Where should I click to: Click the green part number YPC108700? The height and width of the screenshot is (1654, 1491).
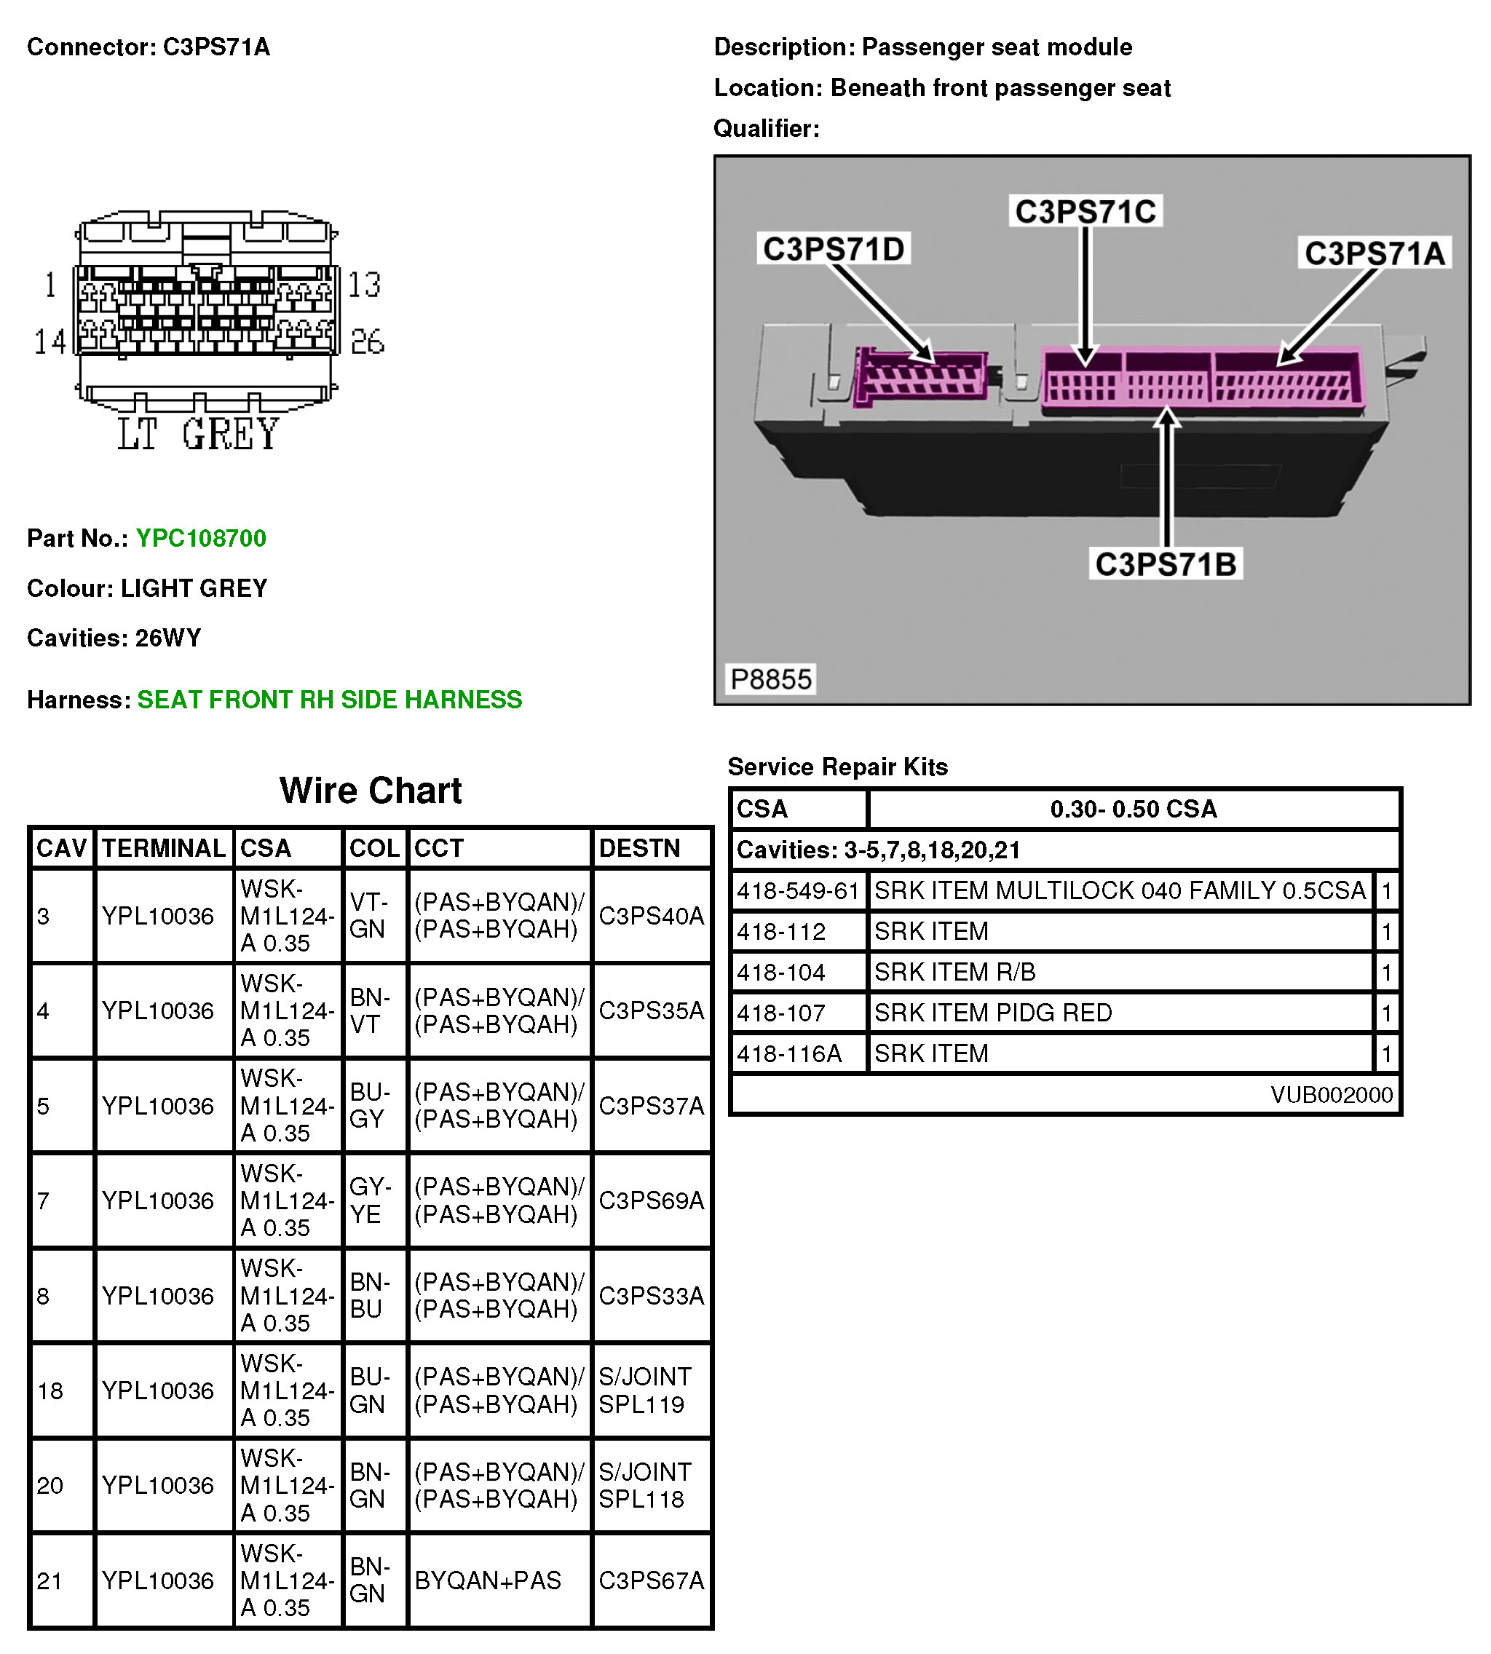[201, 538]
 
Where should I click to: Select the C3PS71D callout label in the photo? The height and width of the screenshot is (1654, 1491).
[833, 249]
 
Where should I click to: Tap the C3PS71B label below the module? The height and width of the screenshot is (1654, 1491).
[1165, 564]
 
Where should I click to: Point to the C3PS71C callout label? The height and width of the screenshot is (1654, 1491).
[1085, 211]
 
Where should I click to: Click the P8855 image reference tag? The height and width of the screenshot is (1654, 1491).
[770, 679]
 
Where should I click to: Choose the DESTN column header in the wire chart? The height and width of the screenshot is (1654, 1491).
[640, 848]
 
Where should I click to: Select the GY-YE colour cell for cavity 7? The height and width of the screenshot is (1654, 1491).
[371, 1201]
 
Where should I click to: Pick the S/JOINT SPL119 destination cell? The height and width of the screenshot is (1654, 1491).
[646, 1391]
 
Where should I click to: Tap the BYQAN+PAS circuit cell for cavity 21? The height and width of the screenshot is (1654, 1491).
[489, 1581]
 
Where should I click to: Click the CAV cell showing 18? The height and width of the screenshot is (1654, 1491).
[50, 1391]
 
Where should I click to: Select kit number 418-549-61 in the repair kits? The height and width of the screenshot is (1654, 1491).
[798, 890]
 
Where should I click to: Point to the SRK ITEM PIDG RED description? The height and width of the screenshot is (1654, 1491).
[993, 1013]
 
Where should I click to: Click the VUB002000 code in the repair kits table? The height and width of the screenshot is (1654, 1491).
[1332, 1094]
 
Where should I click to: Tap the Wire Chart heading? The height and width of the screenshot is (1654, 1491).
[371, 791]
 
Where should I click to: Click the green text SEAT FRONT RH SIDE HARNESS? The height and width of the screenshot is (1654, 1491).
[329, 700]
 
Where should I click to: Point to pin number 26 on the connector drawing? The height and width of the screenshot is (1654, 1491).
[367, 341]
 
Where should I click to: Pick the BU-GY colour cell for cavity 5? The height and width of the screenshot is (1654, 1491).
[371, 1106]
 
